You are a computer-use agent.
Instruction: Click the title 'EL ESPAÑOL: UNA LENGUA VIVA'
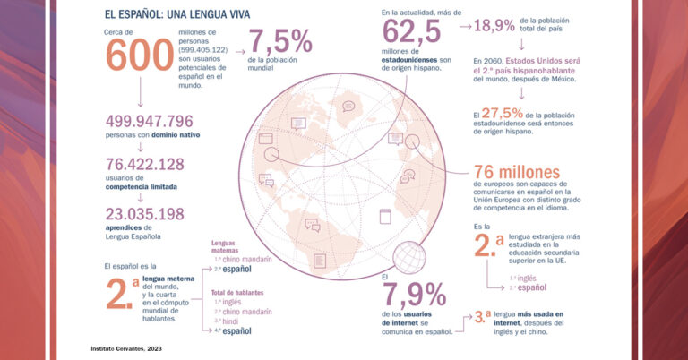click(x=176, y=13)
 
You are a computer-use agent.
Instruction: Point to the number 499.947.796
click(x=150, y=121)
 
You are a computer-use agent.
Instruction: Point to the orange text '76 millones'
click(x=515, y=172)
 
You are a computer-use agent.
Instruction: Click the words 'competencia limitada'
click(x=141, y=187)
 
